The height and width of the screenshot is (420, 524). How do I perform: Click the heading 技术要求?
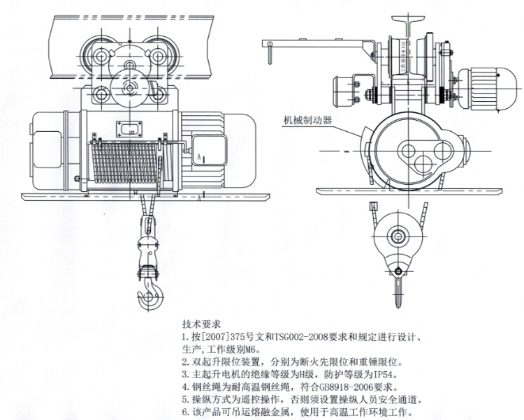[x=201, y=324]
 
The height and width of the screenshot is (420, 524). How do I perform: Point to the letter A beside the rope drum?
[x=199, y=158]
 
